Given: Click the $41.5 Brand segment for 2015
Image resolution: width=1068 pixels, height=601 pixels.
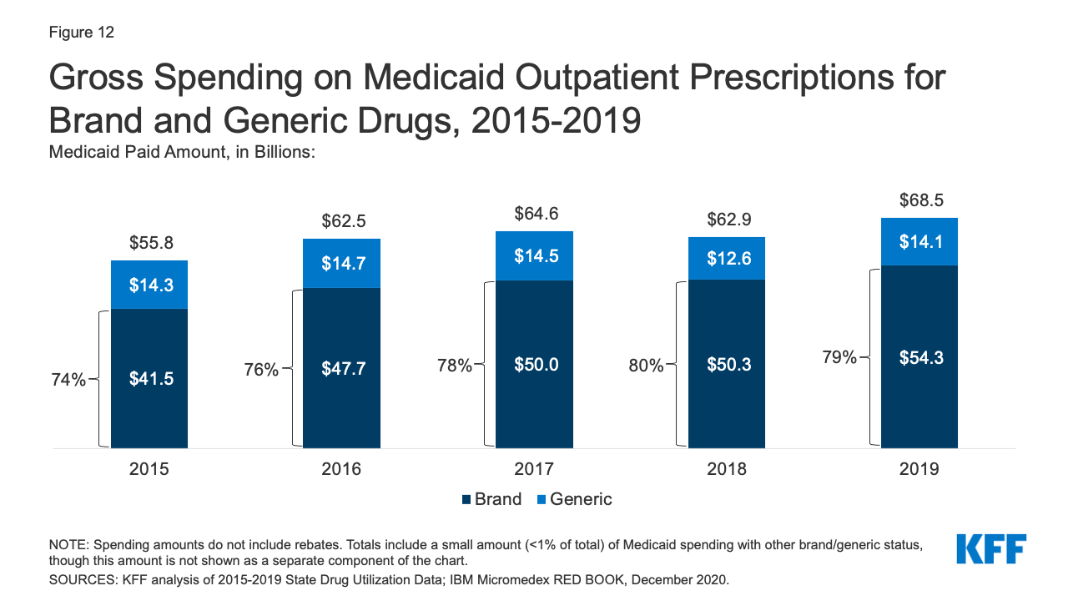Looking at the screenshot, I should point(149,378).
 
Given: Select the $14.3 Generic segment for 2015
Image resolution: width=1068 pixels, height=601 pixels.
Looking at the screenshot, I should point(149,285).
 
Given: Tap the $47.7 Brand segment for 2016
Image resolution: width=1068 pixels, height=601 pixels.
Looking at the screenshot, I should point(342,368).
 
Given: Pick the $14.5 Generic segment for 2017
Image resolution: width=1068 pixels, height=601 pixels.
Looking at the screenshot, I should point(534,255).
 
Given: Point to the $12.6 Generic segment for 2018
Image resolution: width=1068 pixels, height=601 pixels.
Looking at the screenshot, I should point(727,258).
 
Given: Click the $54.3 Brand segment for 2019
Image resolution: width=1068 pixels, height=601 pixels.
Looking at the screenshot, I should point(919,357).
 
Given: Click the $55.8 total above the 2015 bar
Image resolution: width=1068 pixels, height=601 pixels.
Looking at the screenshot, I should point(149,243).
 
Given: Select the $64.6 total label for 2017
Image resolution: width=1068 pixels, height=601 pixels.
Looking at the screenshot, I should point(534,214).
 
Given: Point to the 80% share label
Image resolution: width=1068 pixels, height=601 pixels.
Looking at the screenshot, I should point(646,366).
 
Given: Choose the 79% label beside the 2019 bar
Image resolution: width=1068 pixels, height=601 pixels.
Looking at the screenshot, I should point(838,357).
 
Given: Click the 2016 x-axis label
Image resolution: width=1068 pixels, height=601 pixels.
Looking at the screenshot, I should point(342,469).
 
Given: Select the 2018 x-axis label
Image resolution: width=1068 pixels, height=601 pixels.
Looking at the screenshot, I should point(727,469).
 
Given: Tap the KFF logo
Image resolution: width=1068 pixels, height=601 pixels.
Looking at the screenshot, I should point(991,549).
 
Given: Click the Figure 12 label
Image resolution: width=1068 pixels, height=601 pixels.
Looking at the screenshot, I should point(81,33).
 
